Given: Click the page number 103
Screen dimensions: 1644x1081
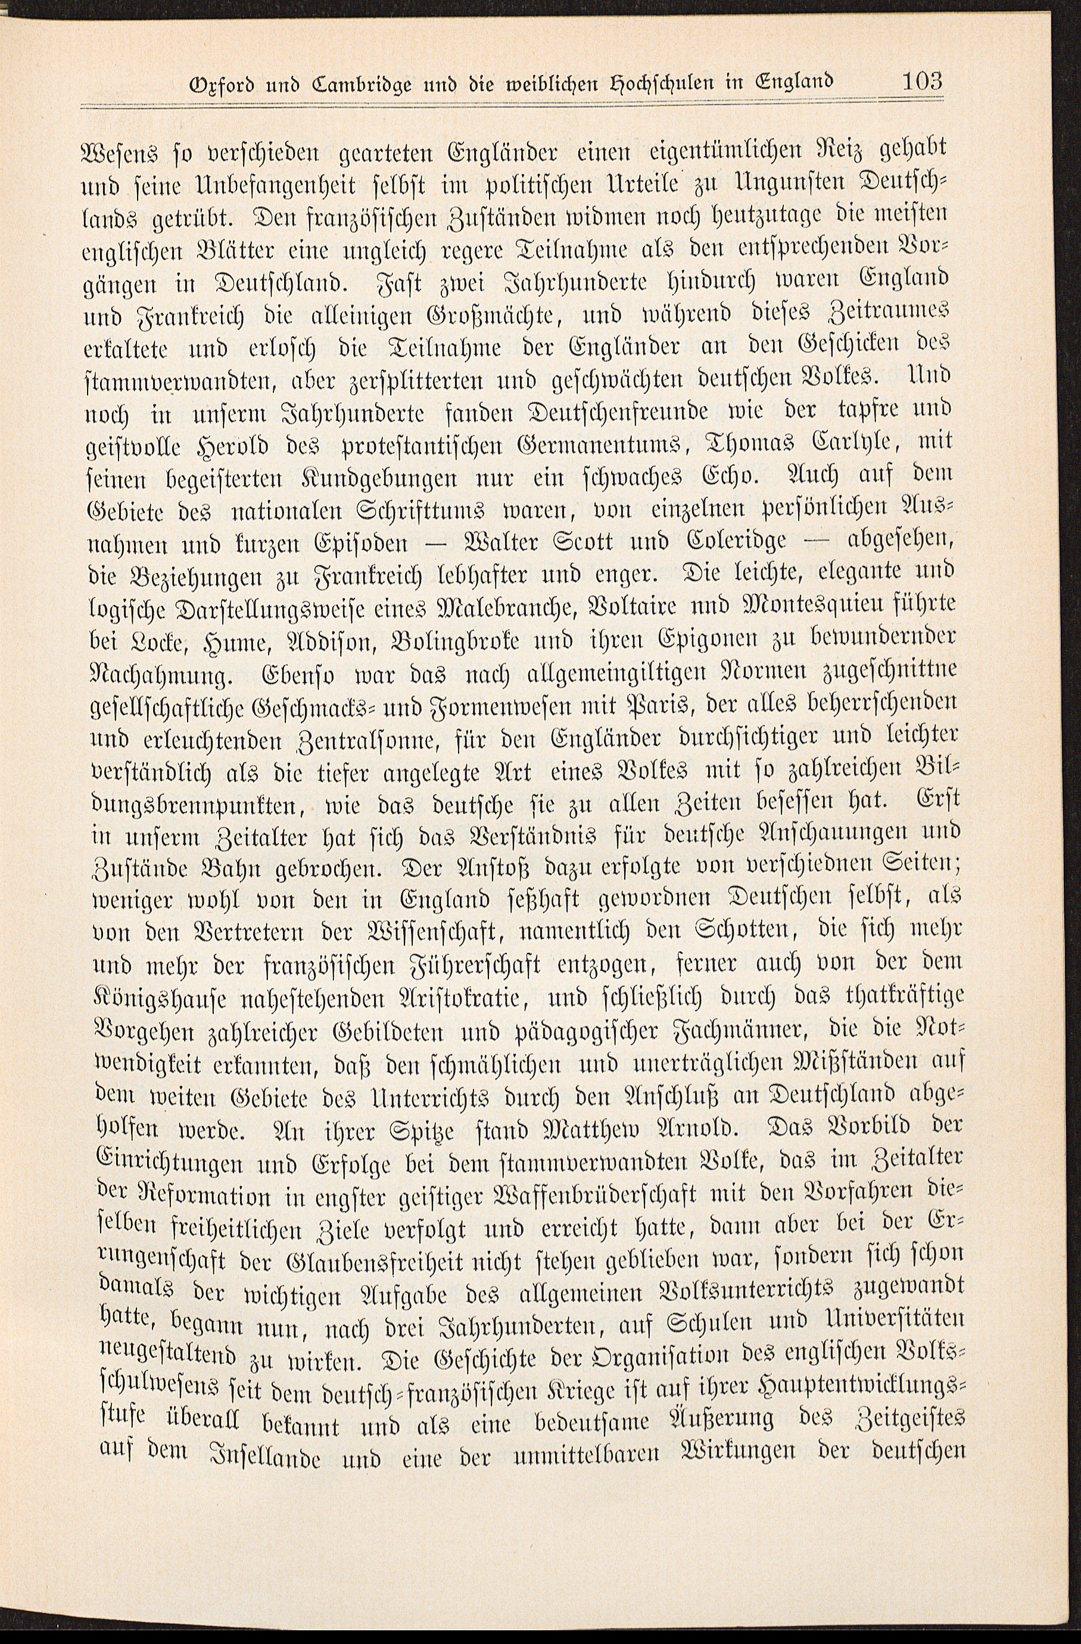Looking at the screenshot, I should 921,83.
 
